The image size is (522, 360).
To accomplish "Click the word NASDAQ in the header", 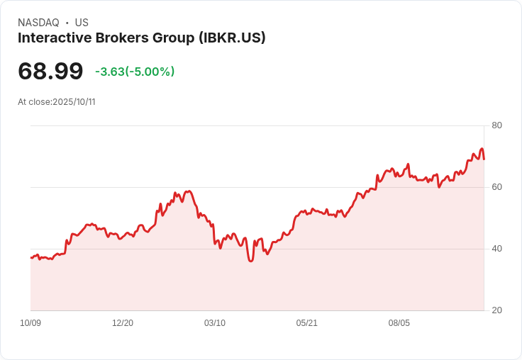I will pyautogui.click(x=38, y=23).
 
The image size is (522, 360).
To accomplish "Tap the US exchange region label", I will pyautogui.click(x=82, y=23).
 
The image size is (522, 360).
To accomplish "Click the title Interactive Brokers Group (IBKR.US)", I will pyautogui.click(x=141, y=38).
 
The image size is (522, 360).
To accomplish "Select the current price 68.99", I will pyautogui.click(x=50, y=71).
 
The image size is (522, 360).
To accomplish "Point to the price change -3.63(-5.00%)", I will pyautogui.click(x=135, y=72).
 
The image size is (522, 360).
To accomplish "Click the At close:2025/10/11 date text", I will pyautogui.click(x=57, y=102).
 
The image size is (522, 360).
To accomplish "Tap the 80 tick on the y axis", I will pyautogui.click(x=496, y=126).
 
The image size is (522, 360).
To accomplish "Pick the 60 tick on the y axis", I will pyautogui.click(x=496, y=187).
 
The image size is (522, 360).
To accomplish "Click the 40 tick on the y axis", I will pyautogui.click(x=496, y=249).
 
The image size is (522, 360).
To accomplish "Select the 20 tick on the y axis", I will pyautogui.click(x=496, y=310).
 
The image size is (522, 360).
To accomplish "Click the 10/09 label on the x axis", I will pyautogui.click(x=30, y=323).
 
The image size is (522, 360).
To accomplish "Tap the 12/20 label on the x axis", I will pyautogui.click(x=123, y=323).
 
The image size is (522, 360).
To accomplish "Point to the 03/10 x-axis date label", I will pyautogui.click(x=215, y=323).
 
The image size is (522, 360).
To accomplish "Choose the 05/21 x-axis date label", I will pyautogui.click(x=307, y=323).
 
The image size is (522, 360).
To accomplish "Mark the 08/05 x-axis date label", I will pyautogui.click(x=399, y=323).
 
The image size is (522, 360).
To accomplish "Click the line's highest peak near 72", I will pyautogui.click(x=482, y=149).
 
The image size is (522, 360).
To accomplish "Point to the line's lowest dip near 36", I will pyautogui.click(x=250, y=261).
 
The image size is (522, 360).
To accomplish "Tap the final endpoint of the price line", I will pyautogui.click(x=484, y=159).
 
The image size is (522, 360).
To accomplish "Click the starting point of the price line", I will pyautogui.click(x=30, y=257).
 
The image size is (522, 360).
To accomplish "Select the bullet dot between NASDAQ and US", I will pyautogui.click(x=67, y=23).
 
